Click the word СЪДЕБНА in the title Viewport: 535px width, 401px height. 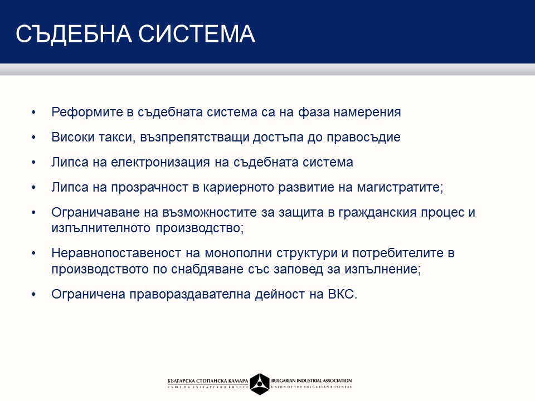(74, 34)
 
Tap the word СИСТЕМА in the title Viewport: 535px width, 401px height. (197, 33)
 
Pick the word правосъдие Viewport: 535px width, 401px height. (364, 138)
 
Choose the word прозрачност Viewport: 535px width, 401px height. (149, 188)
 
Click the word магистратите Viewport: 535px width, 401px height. (400, 188)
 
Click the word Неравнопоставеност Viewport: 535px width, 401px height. (116, 253)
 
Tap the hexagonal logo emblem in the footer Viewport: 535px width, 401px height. (260, 384)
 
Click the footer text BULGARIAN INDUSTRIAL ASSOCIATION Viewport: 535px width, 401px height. (312, 380)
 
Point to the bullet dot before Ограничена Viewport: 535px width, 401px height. (33, 294)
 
